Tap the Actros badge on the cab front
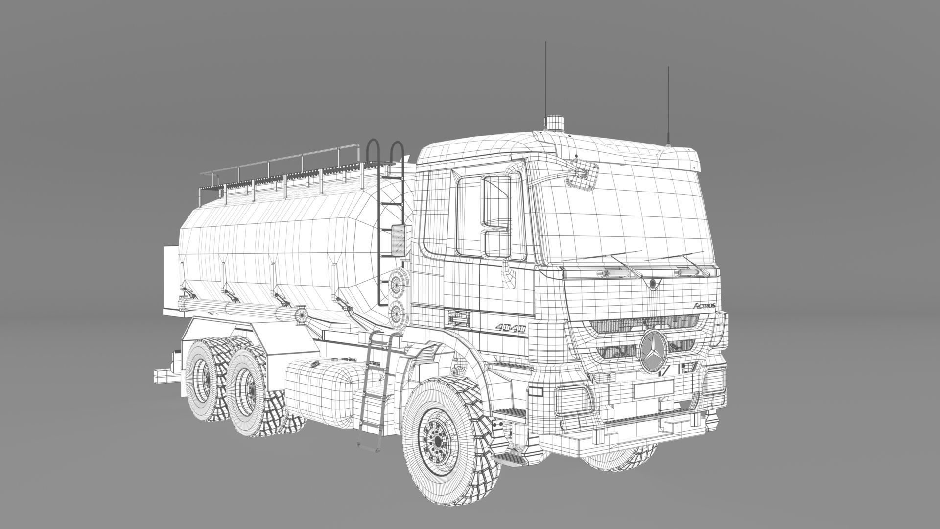click(x=705, y=305)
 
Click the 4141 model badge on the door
click(x=510, y=328)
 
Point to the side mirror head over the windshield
click(x=586, y=175)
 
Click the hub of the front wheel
click(x=435, y=440)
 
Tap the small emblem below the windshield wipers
click(x=653, y=283)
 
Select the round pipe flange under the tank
click(x=301, y=313)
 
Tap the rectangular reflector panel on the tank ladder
click(x=399, y=240)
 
